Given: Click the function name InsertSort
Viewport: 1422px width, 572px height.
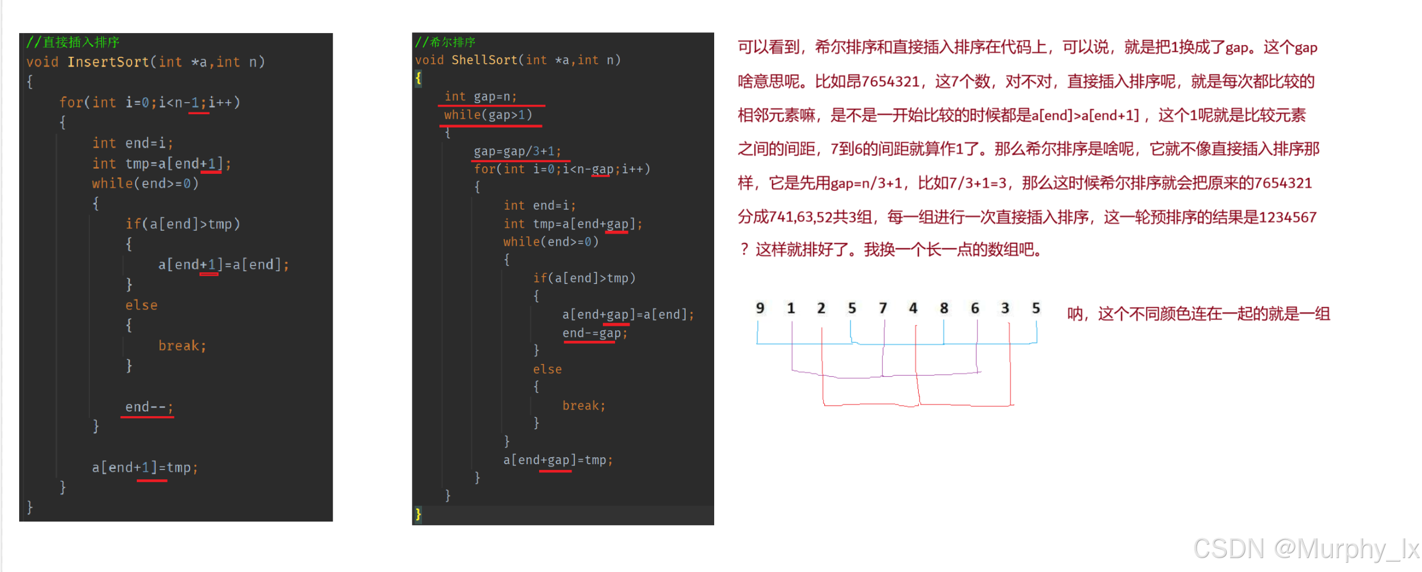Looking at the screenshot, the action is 108,62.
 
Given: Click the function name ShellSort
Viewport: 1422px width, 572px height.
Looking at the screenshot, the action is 484,60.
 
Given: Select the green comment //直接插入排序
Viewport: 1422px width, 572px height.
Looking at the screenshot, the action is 73,42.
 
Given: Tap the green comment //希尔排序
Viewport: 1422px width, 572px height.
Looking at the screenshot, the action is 445,42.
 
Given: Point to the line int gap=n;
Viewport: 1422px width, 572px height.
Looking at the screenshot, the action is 481,97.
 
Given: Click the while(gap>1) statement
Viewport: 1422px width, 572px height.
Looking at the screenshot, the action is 488,115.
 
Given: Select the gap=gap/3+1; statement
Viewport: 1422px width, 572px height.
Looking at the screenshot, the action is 517,151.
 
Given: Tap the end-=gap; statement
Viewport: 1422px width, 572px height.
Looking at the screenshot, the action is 595,333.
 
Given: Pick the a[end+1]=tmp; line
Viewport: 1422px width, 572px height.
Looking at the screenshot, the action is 145,467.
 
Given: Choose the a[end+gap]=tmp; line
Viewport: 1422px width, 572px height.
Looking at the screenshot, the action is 558,460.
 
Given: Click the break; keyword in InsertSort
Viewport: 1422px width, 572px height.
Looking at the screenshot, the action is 182,345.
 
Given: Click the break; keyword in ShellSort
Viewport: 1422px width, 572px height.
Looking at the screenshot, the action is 584,406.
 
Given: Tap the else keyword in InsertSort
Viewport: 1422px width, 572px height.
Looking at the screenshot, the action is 141,305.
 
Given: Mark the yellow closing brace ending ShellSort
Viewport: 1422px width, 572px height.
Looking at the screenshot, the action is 419,514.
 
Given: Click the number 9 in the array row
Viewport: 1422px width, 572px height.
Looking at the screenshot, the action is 760,308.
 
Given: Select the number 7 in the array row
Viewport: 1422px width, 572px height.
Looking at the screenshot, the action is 883,308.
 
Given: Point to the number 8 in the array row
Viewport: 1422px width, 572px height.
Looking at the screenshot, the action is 944,308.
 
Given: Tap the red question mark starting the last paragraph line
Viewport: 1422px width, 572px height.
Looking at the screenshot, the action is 744,250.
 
